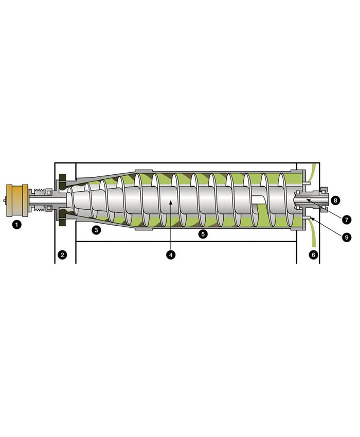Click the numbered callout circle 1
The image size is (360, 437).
pos(17,225)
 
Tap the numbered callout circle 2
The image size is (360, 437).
pos(62,254)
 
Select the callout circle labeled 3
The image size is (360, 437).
pos(96,230)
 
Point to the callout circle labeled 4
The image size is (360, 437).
pos(171,254)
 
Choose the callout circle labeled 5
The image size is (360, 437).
pos(203,234)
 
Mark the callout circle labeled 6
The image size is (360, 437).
pos(313,254)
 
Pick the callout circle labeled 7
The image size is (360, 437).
pos(347,220)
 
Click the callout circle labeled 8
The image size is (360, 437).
pos(335,200)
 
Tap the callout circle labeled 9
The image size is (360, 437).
pos(347,237)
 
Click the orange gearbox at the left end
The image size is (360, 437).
pos(17,200)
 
